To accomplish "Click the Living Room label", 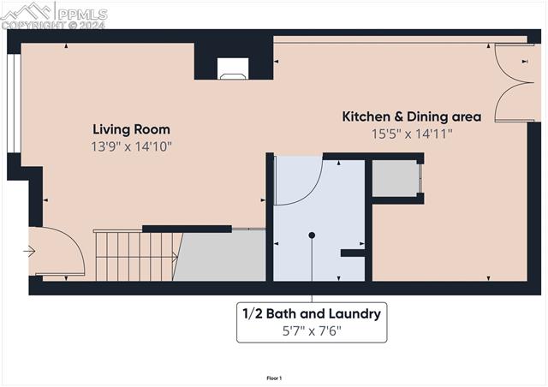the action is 131,129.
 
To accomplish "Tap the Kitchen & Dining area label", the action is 412,116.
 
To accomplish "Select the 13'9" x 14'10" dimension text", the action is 131,146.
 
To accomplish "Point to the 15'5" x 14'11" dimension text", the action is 412,134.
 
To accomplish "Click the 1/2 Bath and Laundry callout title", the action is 312,313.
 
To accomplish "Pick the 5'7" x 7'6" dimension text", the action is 312,330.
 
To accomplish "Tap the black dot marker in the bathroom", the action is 312,235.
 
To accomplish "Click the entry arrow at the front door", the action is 29,251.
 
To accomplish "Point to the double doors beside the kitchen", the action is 514,83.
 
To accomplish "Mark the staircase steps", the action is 136,255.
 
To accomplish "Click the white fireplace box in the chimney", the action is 233,68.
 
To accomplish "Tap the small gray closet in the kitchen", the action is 396,178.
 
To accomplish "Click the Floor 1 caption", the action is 274,378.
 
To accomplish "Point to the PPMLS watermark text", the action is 82,15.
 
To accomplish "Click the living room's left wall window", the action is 14,103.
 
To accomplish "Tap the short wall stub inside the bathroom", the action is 353,253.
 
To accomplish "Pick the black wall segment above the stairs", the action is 187,229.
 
